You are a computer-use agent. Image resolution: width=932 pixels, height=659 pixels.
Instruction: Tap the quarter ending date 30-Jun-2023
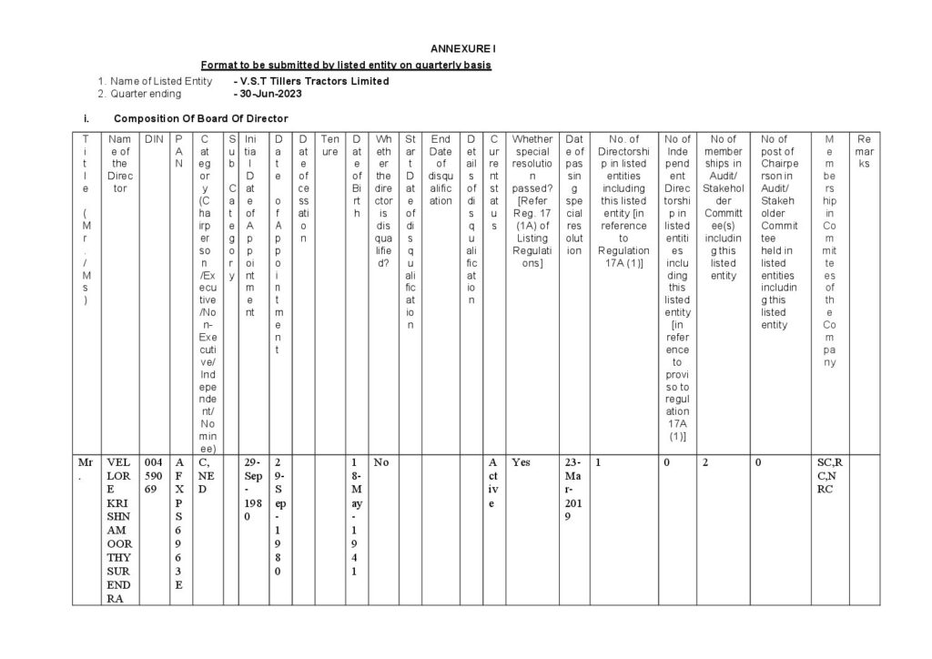coord(269,94)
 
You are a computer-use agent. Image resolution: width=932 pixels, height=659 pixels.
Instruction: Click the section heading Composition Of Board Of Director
coord(200,118)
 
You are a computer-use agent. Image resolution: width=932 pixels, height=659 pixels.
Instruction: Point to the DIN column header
coord(154,139)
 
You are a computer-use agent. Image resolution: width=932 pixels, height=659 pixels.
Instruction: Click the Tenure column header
coord(330,139)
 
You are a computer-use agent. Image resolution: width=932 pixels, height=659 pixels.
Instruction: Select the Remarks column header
coord(864,151)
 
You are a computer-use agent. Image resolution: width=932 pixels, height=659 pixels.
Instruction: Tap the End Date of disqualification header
coord(441,169)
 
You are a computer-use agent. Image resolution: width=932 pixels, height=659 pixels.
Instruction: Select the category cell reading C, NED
coord(207,475)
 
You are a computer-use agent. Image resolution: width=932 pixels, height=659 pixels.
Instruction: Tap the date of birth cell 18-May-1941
coord(359,517)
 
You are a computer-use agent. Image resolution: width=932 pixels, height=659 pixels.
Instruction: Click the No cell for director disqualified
coord(381,462)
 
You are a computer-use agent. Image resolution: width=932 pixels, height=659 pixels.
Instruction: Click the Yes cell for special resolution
coord(521,462)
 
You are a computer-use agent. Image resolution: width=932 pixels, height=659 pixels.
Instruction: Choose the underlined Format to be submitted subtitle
coord(347,66)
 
